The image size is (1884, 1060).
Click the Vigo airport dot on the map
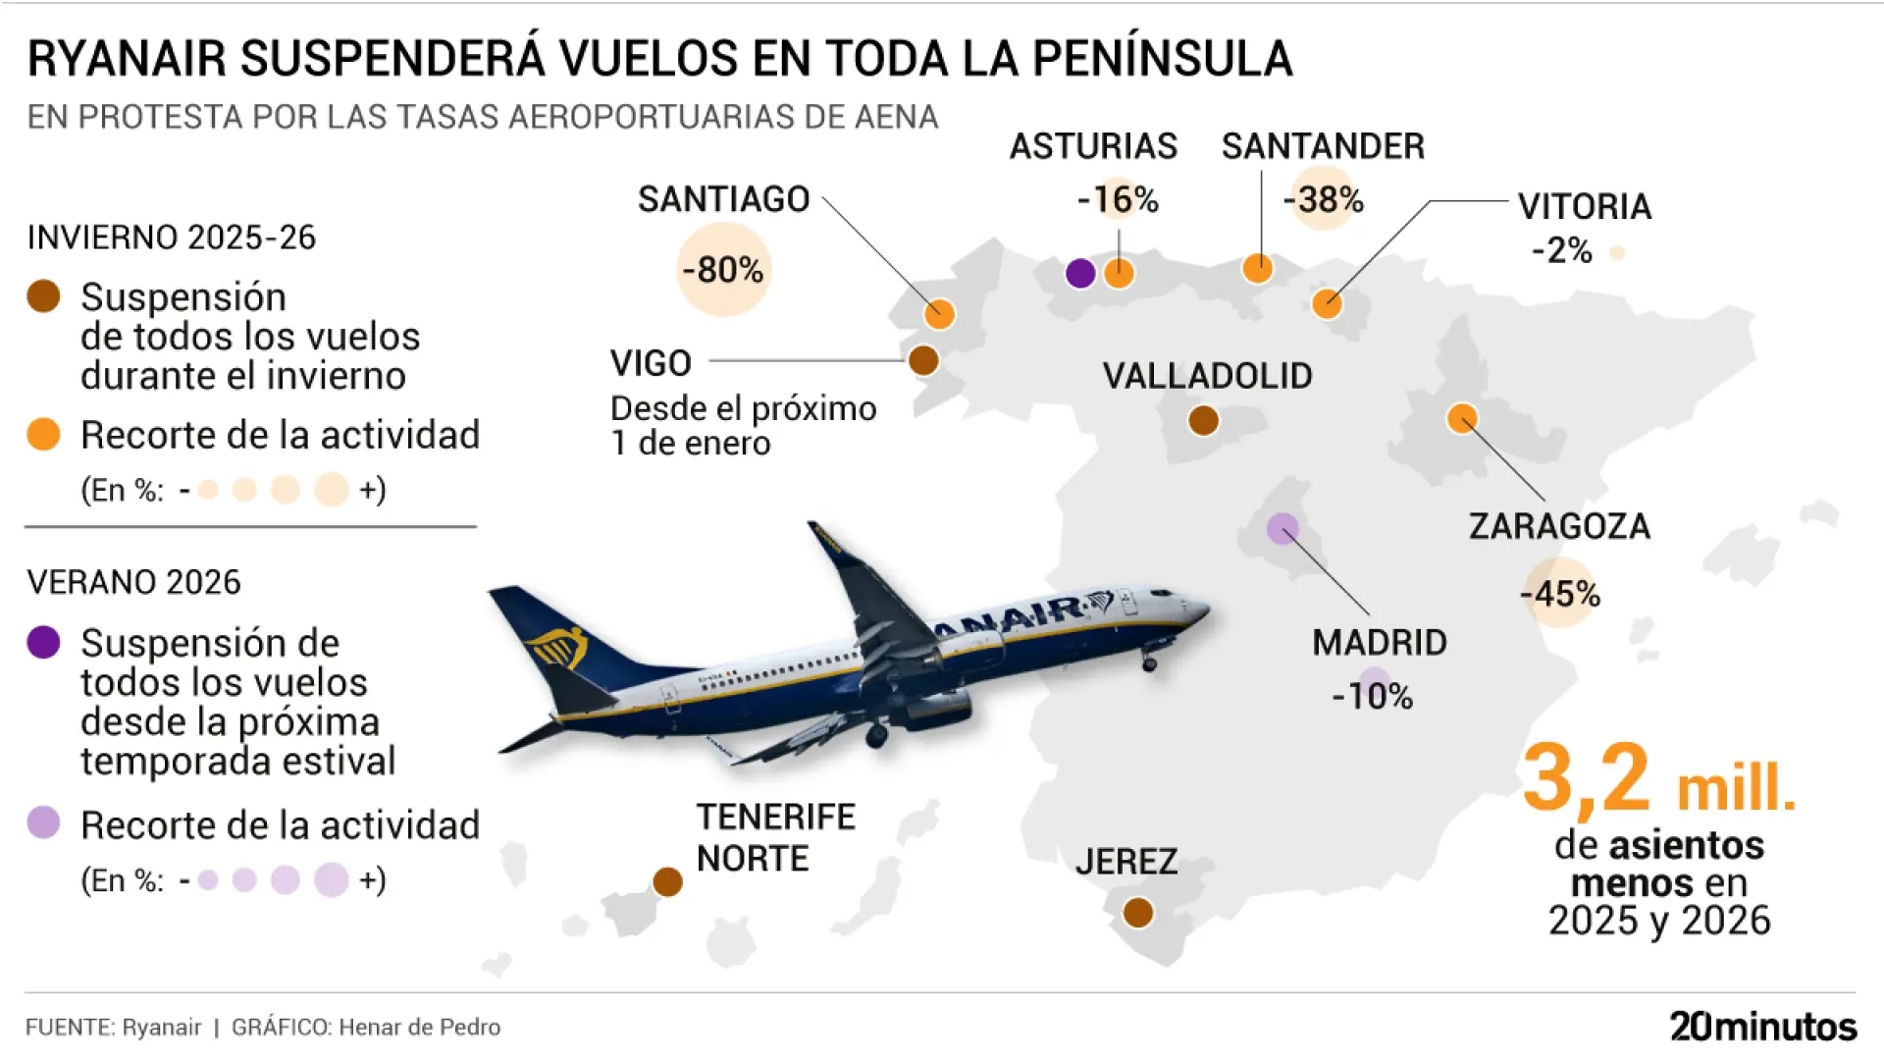click(x=923, y=360)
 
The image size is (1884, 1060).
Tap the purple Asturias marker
click(x=1080, y=273)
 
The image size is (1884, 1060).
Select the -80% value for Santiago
click(x=723, y=270)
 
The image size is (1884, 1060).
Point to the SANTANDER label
click(x=1323, y=146)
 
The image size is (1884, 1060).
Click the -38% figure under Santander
click(x=1324, y=200)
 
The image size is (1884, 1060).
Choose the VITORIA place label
click(x=1585, y=207)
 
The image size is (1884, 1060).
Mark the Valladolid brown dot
click(x=1204, y=420)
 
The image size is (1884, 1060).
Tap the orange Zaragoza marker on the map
click(x=1462, y=418)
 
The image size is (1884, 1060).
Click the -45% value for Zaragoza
click(x=1560, y=594)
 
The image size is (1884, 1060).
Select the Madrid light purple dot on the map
click(x=1282, y=529)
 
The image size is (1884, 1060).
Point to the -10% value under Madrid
click(x=1372, y=697)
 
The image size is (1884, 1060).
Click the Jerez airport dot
click(x=1138, y=913)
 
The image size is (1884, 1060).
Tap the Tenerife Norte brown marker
click(x=668, y=881)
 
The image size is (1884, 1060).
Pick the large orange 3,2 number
click(x=1587, y=780)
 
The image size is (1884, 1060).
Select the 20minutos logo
click(x=1763, y=1027)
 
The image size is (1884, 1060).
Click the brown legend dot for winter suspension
click(x=44, y=296)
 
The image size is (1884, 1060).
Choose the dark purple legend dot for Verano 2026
click(x=44, y=642)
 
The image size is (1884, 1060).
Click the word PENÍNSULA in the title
click(x=1163, y=59)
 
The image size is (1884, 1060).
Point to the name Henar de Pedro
click(x=420, y=1028)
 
